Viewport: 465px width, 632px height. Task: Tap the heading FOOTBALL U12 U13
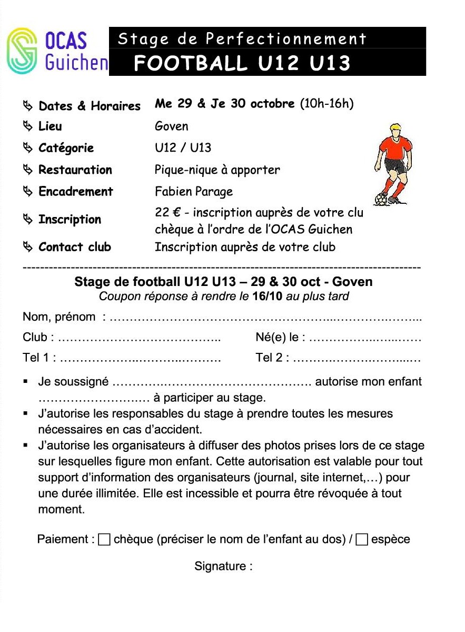pyautogui.click(x=242, y=63)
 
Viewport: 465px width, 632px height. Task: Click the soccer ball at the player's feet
pyautogui.click(x=381, y=200)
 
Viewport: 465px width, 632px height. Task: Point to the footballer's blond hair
pyautogui.click(x=394, y=128)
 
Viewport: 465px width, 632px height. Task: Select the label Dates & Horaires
pyautogui.click(x=90, y=106)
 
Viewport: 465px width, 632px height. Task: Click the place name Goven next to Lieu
pyautogui.click(x=171, y=126)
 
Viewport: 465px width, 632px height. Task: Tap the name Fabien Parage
pyautogui.click(x=194, y=191)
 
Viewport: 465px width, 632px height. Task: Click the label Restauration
pyautogui.click(x=75, y=170)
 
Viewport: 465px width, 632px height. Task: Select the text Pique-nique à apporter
pyautogui.click(x=217, y=170)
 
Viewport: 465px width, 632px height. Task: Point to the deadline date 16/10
pyautogui.click(x=268, y=296)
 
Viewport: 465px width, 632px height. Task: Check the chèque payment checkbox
pyautogui.click(x=104, y=539)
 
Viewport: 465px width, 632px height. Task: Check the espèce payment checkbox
pyautogui.click(x=361, y=539)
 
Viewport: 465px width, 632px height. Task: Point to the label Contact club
pyautogui.click(x=75, y=247)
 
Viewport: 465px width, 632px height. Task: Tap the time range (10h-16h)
pyautogui.click(x=327, y=104)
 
